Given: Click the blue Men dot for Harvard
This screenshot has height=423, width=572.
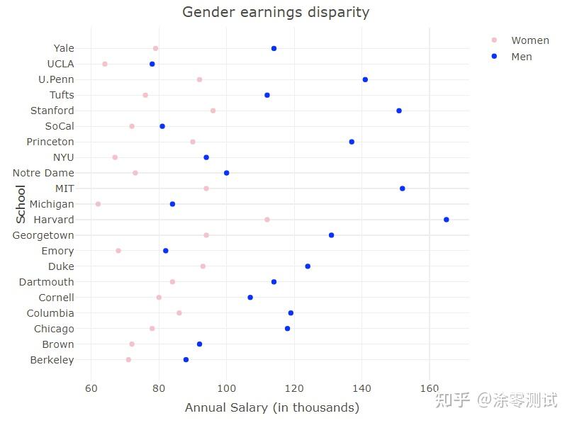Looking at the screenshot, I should (446, 220).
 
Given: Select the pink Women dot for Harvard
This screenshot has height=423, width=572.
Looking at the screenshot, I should (267, 220).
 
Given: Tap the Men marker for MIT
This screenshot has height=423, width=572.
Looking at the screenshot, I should (403, 188).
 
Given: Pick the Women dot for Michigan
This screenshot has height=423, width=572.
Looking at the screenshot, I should (98, 204).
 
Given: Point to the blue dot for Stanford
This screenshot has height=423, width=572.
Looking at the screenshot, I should (399, 111).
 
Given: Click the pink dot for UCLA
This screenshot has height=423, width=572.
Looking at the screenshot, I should (105, 64).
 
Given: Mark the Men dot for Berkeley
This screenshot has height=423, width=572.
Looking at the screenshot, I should (186, 360).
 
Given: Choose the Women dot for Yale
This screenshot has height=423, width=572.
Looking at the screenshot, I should (155, 48).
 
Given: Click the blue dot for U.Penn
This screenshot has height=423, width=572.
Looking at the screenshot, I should (365, 79).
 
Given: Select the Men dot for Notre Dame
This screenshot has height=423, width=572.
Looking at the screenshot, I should (226, 173).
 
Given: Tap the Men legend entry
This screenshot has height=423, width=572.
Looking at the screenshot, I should (521, 56).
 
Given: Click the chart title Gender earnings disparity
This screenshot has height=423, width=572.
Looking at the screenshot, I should (276, 12).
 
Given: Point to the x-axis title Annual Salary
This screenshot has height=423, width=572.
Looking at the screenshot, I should (271, 407).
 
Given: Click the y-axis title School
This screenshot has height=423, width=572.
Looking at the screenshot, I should (21, 204).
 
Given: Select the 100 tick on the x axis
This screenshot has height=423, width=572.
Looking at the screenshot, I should (226, 388).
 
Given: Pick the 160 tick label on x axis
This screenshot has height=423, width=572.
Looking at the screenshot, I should (430, 388).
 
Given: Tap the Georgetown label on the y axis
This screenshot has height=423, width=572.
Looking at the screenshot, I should (43, 235).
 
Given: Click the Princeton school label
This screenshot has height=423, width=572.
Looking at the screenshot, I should (50, 142).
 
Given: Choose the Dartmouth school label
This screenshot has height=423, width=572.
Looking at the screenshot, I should (46, 282).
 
